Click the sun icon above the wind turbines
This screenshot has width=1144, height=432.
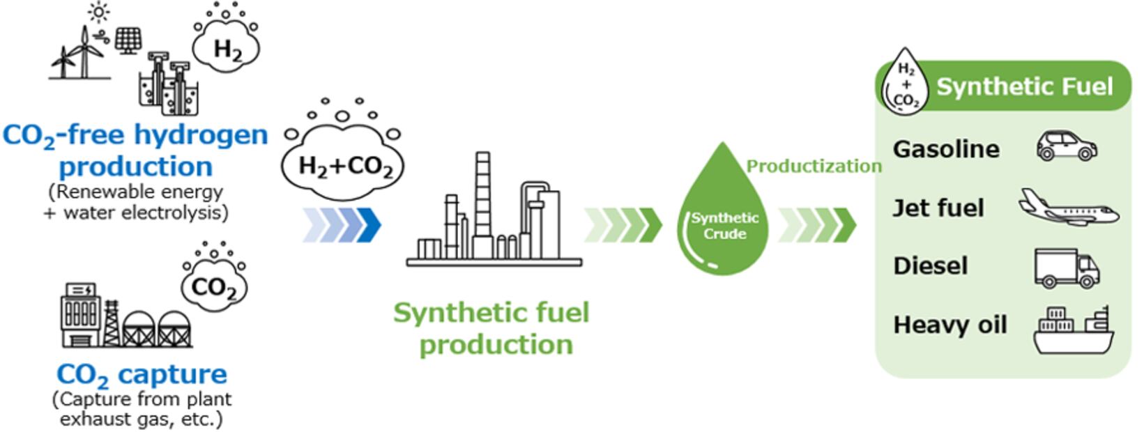pos(99,12)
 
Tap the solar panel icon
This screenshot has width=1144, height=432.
pos(127,40)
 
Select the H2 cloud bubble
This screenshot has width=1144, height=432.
pos(227,47)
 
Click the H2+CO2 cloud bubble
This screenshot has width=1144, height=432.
pos(343,164)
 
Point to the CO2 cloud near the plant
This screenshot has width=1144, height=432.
pos(214,286)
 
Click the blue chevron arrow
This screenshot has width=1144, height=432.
pos(342,224)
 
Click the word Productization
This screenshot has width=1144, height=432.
pos(814,166)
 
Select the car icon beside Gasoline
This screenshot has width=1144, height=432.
pos(1066,146)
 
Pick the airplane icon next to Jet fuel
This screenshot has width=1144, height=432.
pos(1068,207)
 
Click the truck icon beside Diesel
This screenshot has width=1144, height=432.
pos(1067,268)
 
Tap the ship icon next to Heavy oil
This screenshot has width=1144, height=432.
pos(1073,330)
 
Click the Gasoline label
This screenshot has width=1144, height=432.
pos(946,149)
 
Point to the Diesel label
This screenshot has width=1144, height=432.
pos(930,265)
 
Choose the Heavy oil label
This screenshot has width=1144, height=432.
pos(949,325)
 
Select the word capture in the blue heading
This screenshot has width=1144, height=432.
pos(172,374)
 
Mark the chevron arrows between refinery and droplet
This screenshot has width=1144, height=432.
pos(623,224)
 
